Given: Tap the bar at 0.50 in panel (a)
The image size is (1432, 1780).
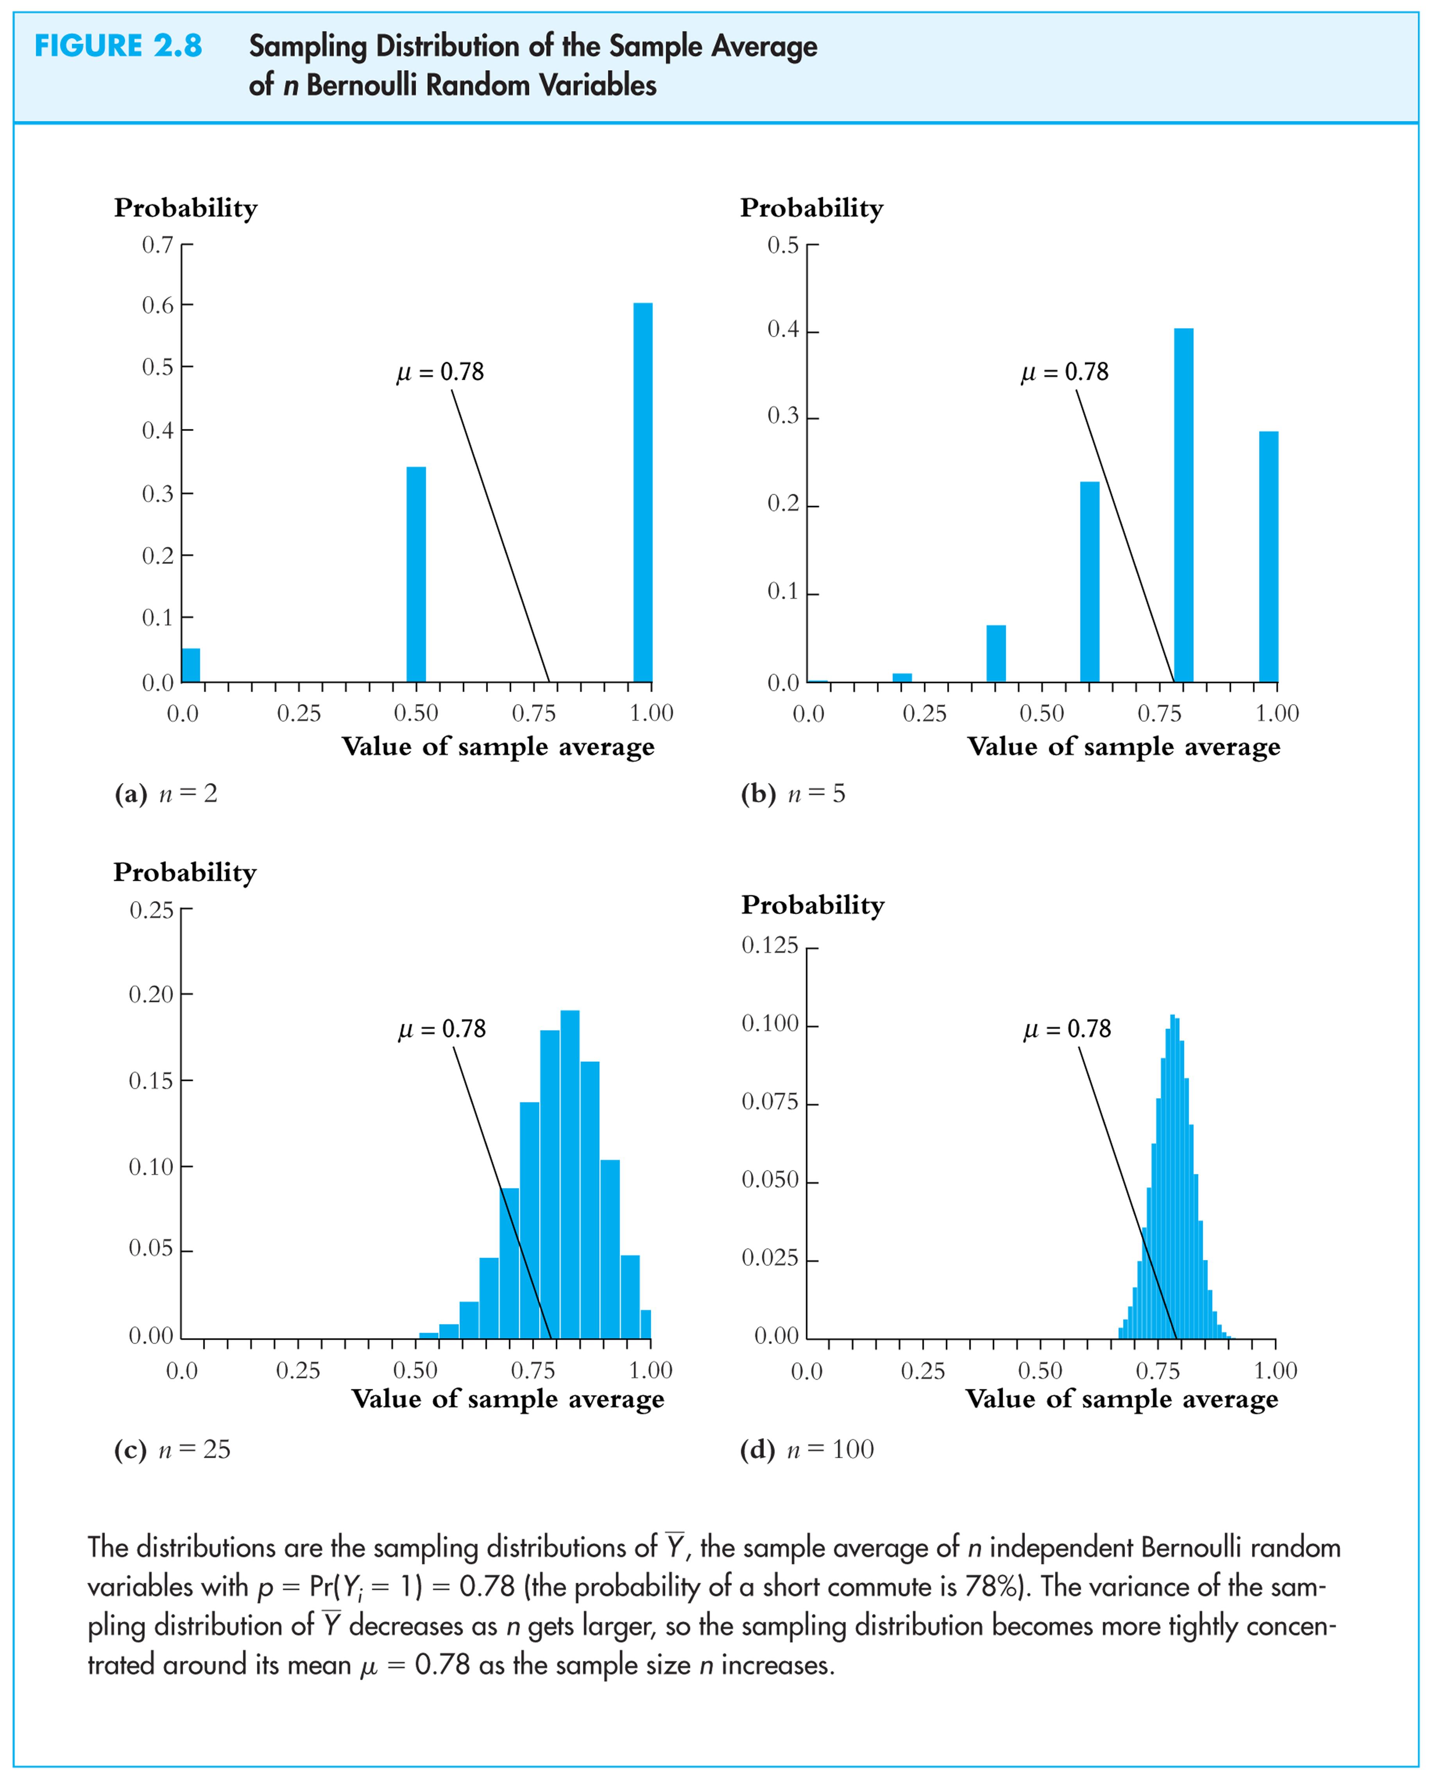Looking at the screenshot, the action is click(x=416, y=574).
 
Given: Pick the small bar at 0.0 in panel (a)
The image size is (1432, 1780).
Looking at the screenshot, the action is click(x=191, y=664).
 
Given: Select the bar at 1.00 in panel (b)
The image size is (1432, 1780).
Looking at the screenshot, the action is click(x=1269, y=557).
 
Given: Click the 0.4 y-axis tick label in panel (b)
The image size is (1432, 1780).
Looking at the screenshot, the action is click(x=783, y=329).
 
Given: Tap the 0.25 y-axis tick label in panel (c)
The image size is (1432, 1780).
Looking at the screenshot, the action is click(x=152, y=910).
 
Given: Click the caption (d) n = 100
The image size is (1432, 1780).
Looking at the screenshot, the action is click(x=806, y=1449).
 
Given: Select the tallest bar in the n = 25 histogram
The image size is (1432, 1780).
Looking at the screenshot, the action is click(x=569, y=1174).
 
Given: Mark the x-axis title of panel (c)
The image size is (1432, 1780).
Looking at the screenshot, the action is click(x=508, y=1399).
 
